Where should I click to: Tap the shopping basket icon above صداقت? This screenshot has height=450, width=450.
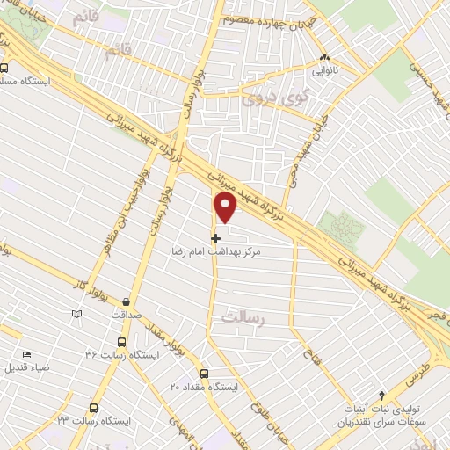pyautogui.click(x=129, y=298)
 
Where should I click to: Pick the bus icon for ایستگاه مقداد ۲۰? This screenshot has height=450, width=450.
pyautogui.click(x=204, y=373)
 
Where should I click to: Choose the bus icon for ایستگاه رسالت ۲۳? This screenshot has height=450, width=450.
pyautogui.click(x=95, y=407)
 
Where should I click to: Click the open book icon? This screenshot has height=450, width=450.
pyautogui.click(x=77, y=313)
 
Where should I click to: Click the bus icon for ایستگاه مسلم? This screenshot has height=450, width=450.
pyautogui.click(x=4, y=68)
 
